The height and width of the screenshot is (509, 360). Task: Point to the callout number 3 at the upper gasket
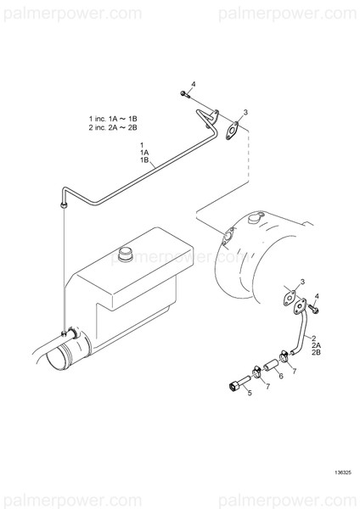click(x=245, y=112)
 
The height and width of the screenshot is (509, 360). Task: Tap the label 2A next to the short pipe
click(x=316, y=346)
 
